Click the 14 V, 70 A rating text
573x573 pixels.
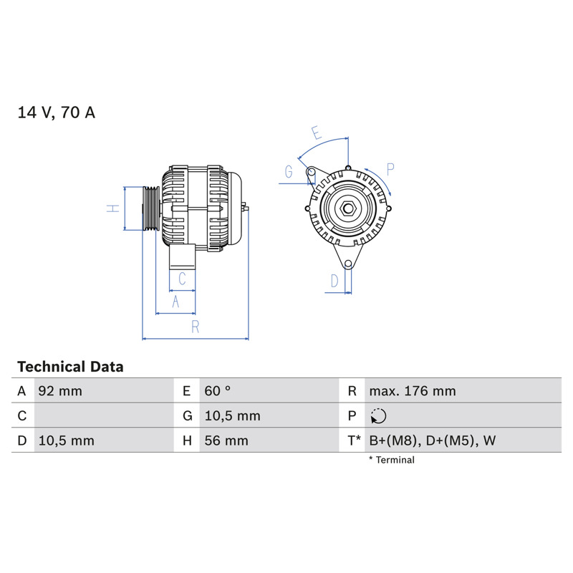click(x=57, y=112)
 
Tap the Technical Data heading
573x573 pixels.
click(x=70, y=367)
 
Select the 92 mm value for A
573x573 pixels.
click(x=60, y=391)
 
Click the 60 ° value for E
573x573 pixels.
click(x=218, y=391)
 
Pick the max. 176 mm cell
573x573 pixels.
click(x=413, y=391)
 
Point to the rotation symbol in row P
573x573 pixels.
click(x=378, y=416)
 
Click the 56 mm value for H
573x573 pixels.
click(x=226, y=440)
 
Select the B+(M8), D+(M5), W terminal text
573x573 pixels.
click(x=433, y=440)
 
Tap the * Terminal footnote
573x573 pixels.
click(x=391, y=460)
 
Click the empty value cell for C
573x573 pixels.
click(x=104, y=415)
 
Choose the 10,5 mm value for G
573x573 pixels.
click(x=232, y=416)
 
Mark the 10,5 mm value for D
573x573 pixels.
click(x=67, y=440)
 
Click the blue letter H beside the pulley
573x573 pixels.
click(x=113, y=208)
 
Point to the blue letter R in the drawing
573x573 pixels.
click(x=196, y=327)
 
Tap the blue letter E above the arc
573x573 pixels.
click(x=317, y=133)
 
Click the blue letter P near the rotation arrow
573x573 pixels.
click(x=390, y=170)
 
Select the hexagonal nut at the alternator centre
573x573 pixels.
click(x=348, y=208)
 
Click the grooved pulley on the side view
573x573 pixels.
click(x=151, y=208)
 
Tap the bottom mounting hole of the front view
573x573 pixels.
click(x=348, y=264)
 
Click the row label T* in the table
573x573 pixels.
click(x=354, y=440)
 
